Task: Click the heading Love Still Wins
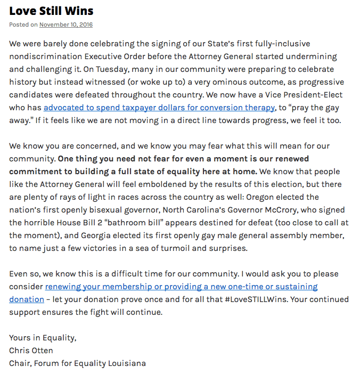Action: click(51, 10)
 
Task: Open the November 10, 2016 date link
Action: click(66, 25)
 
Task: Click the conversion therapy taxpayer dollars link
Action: click(159, 108)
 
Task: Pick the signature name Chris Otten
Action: click(31, 351)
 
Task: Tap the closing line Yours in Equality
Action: click(43, 338)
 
